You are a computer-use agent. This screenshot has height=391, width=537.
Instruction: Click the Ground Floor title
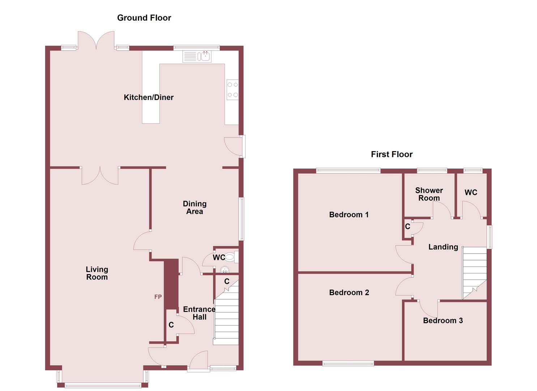pyautogui.click(x=144, y=18)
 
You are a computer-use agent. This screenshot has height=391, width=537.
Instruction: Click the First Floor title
pyautogui.click(x=392, y=154)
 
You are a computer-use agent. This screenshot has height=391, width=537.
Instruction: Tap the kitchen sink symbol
pyautogui.click(x=197, y=56)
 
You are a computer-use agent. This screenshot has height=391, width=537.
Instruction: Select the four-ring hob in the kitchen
pyautogui.click(x=232, y=89)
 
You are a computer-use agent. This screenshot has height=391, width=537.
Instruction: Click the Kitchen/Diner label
pyautogui.click(x=149, y=97)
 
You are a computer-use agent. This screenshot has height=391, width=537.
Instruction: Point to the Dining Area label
pyautogui.click(x=195, y=207)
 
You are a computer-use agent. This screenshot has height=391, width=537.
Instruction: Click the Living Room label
pyautogui.click(x=97, y=273)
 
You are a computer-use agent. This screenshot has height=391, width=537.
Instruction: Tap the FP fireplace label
pyautogui.click(x=158, y=297)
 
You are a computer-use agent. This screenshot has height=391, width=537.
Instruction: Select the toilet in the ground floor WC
pyautogui.click(x=231, y=257)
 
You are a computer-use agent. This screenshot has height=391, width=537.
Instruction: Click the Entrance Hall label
pyautogui.click(x=199, y=313)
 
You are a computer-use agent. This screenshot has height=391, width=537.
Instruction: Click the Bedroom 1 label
pyautogui.click(x=349, y=215)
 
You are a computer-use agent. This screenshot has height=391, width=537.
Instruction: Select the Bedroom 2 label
pyautogui.click(x=349, y=293)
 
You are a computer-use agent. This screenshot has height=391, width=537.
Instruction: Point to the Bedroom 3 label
pyautogui.click(x=443, y=320)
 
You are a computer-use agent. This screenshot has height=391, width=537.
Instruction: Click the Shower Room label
pyautogui.click(x=429, y=194)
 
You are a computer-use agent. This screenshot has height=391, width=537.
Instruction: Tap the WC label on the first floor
pyautogui.click(x=471, y=193)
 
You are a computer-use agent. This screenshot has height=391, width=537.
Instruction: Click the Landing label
pyautogui.click(x=443, y=247)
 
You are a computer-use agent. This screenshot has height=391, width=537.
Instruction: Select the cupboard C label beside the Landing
pyautogui.click(x=408, y=227)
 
